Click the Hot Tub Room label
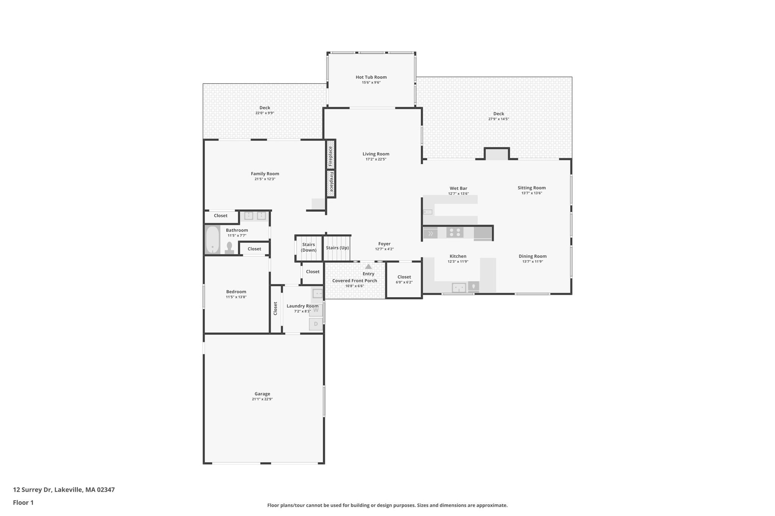[371, 77]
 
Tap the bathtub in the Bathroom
[212, 240]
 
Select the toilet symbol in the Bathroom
[229, 248]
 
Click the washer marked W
[316, 310]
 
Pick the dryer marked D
[316, 324]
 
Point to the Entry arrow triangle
[368, 267]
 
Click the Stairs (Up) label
[337, 248]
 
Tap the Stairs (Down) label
[308, 247]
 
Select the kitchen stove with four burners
[454, 232]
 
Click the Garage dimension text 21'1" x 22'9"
[262, 399]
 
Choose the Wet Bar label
[458, 188]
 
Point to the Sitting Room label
[531, 188]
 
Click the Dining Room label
[532, 256]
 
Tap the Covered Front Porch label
[355, 281]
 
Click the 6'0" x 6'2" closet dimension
[404, 282]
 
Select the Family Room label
[265, 174]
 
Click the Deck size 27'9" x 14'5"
[498, 119]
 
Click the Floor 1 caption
[23, 502]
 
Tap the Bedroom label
[236, 292]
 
